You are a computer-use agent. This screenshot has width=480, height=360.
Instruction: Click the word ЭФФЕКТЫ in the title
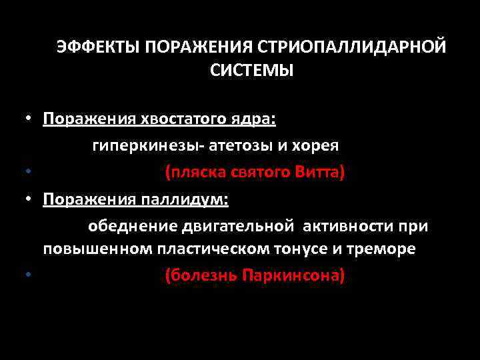pyautogui.click(x=98, y=47)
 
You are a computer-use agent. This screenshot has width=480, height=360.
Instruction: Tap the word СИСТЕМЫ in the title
pyautogui.click(x=251, y=70)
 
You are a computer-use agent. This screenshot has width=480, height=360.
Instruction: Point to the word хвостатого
pyautogui.click(x=171, y=119)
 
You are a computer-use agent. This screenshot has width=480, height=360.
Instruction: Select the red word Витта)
pyautogui.click(x=319, y=173)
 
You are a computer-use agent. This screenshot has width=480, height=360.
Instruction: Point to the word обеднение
pyautogui.click(x=130, y=227)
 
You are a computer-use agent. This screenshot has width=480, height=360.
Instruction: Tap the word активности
pyautogui.click(x=342, y=227)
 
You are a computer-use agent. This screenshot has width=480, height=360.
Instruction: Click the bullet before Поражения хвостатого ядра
pyautogui.click(x=30, y=119)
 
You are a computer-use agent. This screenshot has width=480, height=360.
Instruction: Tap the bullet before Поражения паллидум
pyautogui.click(x=30, y=199)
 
